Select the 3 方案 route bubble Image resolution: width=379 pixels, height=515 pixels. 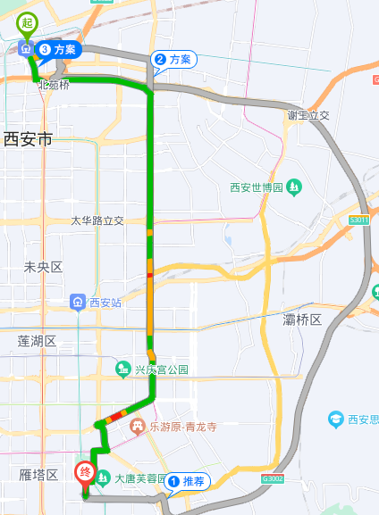[58, 50]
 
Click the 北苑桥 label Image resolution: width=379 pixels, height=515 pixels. [53, 86]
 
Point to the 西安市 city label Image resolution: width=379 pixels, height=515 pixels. [29, 138]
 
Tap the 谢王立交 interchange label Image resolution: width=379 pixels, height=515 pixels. [310, 116]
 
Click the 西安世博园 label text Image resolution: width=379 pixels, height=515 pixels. [257, 187]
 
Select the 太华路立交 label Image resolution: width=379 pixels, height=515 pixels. [97, 220]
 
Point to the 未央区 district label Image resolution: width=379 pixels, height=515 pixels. [43, 267]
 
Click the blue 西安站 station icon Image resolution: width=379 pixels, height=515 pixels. [78, 303]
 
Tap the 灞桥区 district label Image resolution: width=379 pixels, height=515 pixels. [301, 319]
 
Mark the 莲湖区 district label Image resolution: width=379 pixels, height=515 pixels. [37, 341]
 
